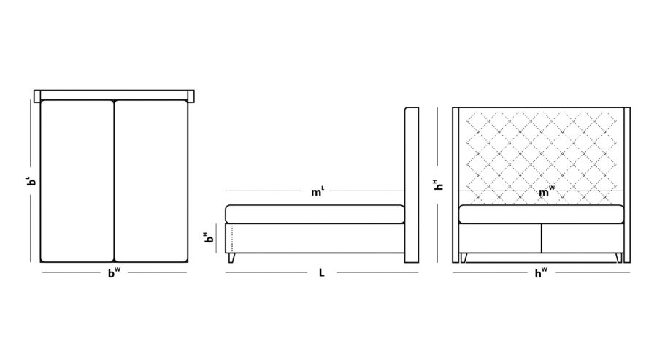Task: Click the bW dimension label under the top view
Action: point(114,274)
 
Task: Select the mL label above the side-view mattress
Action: point(317,193)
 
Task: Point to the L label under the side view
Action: point(321,274)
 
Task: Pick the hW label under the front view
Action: point(541,274)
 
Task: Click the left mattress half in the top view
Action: point(77,180)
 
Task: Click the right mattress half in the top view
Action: point(152,180)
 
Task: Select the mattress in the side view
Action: point(315,214)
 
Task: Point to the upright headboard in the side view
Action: point(411,183)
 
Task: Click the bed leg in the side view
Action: point(233,258)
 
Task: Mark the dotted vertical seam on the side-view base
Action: point(231,238)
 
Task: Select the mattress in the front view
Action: point(541,214)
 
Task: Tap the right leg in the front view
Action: point(620,257)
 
